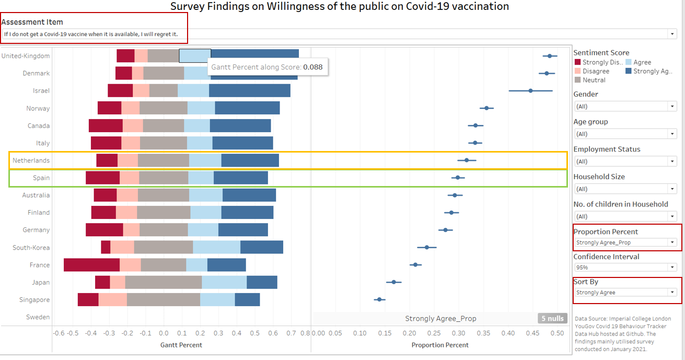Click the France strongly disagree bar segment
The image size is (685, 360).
click(x=91, y=265)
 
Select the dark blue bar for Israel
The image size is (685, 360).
click(x=249, y=90)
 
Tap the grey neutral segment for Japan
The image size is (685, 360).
click(x=164, y=282)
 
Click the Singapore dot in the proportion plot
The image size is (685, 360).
click(x=379, y=299)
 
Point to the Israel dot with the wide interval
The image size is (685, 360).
click(x=530, y=90)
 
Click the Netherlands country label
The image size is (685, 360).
click(x=31, y=160)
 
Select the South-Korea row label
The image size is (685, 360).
click(x=31, y=248)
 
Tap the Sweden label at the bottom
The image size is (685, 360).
click(x=38, y=317)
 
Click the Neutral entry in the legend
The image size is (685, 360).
click(x=594, y=80)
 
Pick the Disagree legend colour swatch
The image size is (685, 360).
click(x=577, y=71)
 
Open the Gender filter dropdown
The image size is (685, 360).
click(x=625, y=107)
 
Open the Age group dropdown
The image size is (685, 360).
click(x=625, y=134)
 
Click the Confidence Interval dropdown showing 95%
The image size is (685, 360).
click(x=625, y=268)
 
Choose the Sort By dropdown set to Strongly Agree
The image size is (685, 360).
click(x=625, y=293)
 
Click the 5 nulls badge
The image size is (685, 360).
click(x=552, y=318)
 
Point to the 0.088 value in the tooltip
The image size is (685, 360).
click(x=312, y=67)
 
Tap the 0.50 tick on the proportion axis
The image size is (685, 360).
click(x=558, y=333)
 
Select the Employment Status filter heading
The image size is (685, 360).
click(x=607, y=149)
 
